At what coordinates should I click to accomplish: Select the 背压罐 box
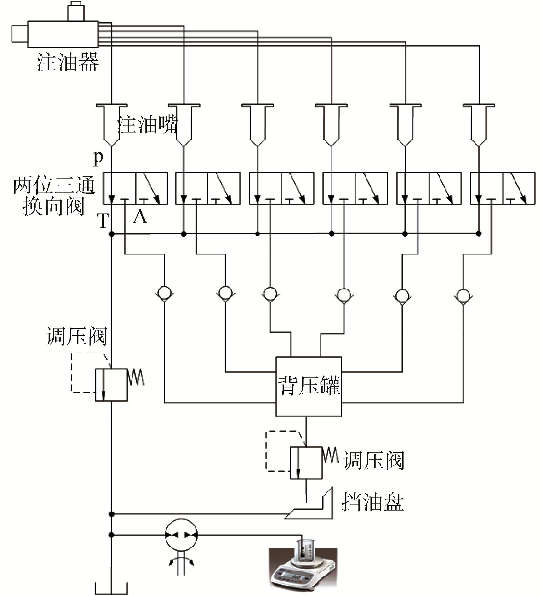pyautogui.click(x=309, y=386)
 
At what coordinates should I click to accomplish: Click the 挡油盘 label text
pyautogui.click(x=373, y=502)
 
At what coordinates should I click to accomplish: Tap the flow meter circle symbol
pyautogui.click(x=181, y=535)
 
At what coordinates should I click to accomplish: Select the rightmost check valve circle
pyautogui.click(x=463, y=295)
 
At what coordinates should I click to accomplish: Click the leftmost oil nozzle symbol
pyautogui.click(x=111, y=124)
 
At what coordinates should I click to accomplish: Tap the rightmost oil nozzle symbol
pyautogui.click(x=479, y=124)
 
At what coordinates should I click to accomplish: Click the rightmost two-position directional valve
pyautogui.click(x=502, y=188)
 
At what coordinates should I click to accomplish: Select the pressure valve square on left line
pyautogui.click(x=111, y=385)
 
